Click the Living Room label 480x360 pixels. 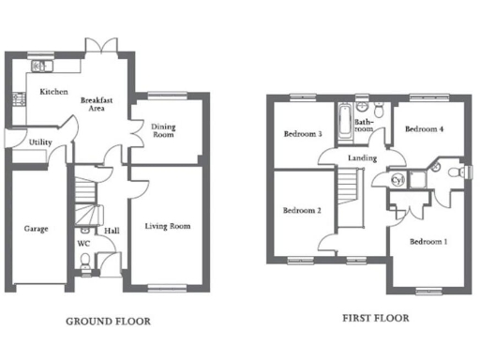tap(167, 226)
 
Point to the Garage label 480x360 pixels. tap(36, 228)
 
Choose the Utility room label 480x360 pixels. tap(39, 142)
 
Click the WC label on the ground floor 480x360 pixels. tap(82, 245)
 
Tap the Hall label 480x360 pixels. tap(111, 228)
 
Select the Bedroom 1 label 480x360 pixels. tap(427, 242)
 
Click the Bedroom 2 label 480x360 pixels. tap(302, 211)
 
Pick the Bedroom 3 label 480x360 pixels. tap(303, 134)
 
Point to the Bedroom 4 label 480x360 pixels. tap(424, 128)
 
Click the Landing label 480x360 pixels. tap(362, 158)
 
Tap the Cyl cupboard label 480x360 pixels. tap(397, 179)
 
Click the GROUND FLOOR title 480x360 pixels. tap(108, 322)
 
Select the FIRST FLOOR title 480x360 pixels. tap(375, 319)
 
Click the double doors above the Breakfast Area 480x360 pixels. tap(98, 46)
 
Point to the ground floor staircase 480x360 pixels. tap(87, 192)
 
